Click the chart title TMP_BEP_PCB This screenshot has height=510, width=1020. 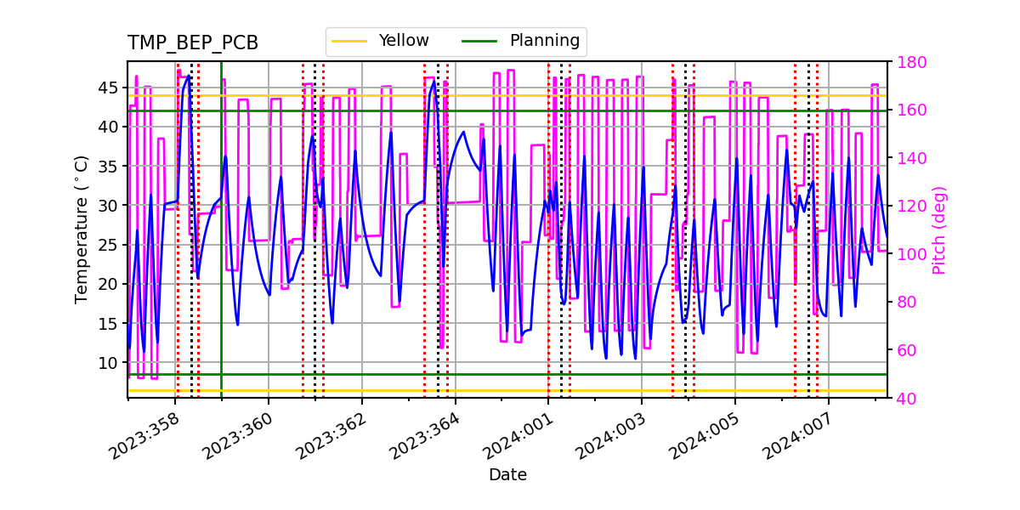point(193,43)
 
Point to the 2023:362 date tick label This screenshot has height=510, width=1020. point(332,433)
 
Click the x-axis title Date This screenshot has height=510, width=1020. point(507,475)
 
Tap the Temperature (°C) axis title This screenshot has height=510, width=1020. point(82,229)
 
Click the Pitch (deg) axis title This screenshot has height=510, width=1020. point(938,229)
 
